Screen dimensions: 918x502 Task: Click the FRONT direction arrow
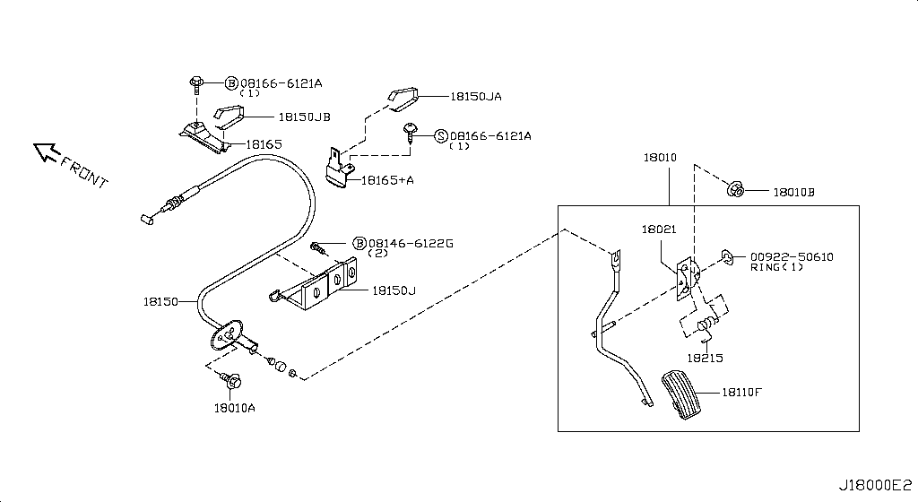46,152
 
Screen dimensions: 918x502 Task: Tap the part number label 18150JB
305,117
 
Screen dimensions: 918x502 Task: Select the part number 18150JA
476,97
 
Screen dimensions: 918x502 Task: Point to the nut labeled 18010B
735,189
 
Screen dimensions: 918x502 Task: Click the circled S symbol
441,136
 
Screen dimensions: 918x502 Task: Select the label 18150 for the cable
160,302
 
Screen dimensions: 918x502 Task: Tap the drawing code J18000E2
875,485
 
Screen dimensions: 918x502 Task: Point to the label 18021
659,229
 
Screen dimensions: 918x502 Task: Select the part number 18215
705,358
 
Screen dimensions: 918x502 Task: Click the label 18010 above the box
660,158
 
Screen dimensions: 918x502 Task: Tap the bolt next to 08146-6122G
318,248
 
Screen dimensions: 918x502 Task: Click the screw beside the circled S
411,133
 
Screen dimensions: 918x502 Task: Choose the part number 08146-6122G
411,244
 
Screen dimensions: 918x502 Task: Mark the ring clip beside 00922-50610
726,256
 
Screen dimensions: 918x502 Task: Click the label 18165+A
387,180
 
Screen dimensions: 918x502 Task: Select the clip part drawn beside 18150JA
403,99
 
